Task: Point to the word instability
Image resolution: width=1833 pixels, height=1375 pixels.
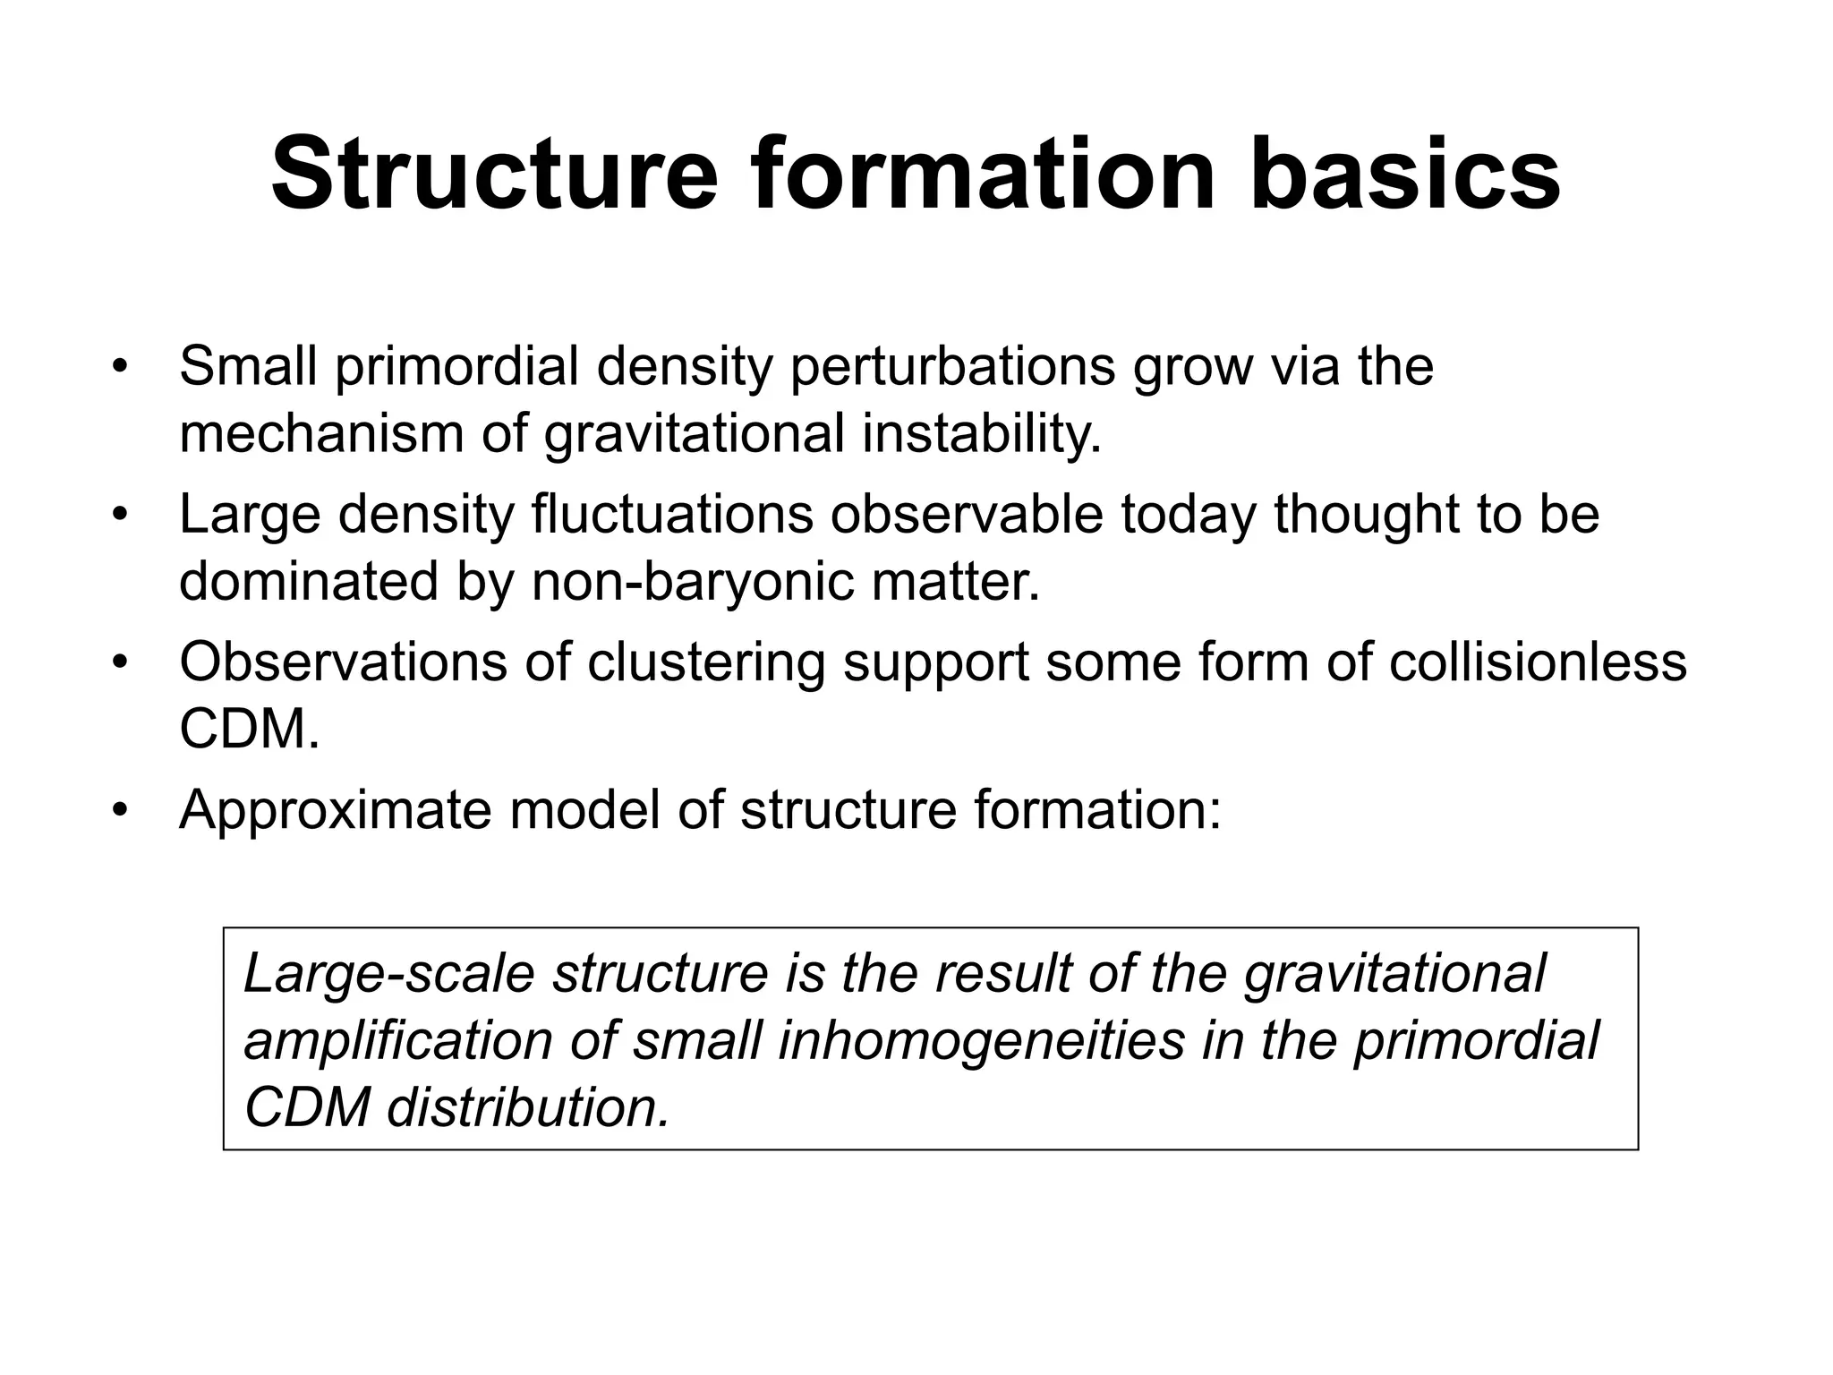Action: (x=982, y=434)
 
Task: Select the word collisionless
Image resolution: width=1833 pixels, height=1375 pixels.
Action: (x=1538, y=662)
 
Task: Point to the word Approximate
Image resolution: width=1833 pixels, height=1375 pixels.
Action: (x=336, y=811)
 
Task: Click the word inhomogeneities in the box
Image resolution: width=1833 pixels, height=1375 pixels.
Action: (x=981, y=1042)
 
